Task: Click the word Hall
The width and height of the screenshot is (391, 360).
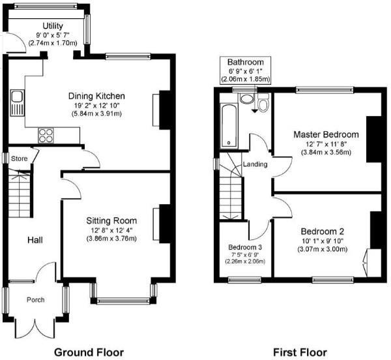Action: (x=35, y=240)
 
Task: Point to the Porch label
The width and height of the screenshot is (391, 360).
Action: (x=35, y=300)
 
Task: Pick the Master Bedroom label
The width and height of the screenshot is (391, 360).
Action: (x=326, y=134)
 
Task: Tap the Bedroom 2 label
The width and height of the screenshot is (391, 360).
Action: (x=322, y=232)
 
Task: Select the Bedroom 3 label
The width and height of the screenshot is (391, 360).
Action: (x=245, y=247)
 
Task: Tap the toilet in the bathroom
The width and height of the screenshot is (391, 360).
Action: (x=263, y=103)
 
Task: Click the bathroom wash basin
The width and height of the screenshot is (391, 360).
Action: (x=247, y=99)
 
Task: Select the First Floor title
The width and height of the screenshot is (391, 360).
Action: (x=300, y=352)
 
